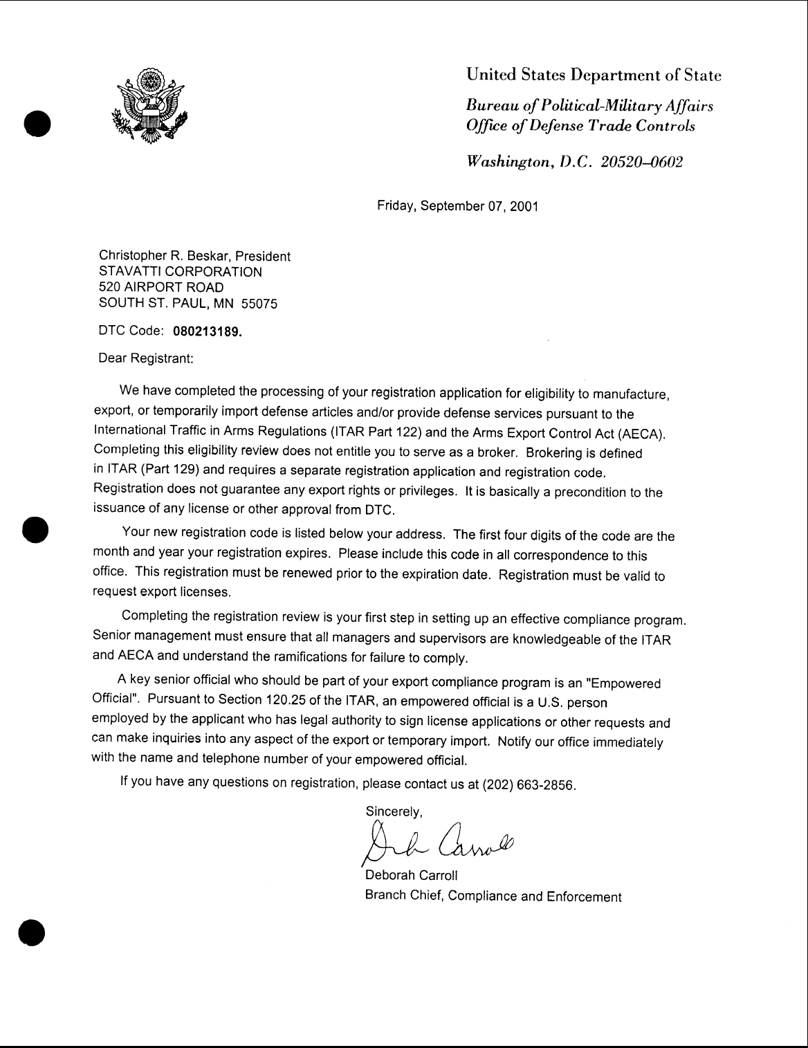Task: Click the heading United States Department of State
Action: pyautogui.click(x=594, y=75)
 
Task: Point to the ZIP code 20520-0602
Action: pyautogui.click(x=643, y=161)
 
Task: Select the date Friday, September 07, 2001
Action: pyautogui.click(x=457, y=205)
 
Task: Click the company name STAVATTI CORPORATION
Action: pyautogui.click(x=181, y=272)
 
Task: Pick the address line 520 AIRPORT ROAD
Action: pyautogui.click(x=161, y=287)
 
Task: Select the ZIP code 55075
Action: pyautogui.click(x=259, y=304)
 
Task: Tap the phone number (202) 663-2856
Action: pyautogui.click(x=529, y=786)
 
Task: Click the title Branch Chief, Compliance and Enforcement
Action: pyautogui.click(x=493, y=897)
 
